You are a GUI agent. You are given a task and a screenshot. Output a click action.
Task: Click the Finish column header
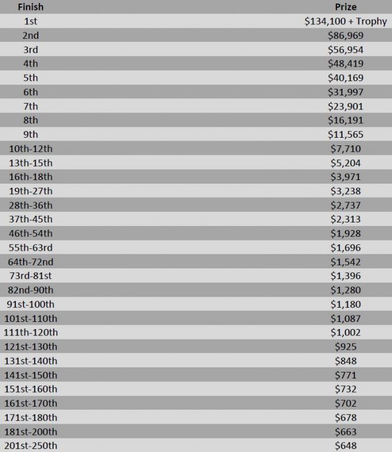(x=30, y=7)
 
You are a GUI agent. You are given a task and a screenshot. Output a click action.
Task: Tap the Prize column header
(x=345, y=7)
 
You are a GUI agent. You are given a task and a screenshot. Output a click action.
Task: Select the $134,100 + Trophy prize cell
(x=345, y=21)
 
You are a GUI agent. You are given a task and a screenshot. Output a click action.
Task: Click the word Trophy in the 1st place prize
(x=371, y=21)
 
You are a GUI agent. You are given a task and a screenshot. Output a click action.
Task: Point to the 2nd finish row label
(x=31, y=35)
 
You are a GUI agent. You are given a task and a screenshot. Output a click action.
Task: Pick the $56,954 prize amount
(x=345, y=49)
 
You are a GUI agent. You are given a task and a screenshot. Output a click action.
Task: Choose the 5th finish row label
(x=31, y=78)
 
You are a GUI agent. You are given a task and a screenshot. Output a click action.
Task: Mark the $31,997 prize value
(x=345, y=92)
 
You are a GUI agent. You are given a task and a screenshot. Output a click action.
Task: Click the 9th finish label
(x=31, y=134)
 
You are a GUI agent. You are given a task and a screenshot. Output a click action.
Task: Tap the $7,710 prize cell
(x=345, y=148)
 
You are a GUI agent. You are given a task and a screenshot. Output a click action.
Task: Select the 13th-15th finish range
(x=31, y=162)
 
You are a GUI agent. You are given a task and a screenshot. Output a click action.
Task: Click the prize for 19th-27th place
(x=345, y=191)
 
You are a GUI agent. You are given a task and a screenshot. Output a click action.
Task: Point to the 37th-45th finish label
(x=31, y=219)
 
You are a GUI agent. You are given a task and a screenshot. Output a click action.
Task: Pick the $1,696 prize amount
(x=345, y=247)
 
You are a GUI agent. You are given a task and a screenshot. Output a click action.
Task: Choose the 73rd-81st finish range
(x=31, y=276)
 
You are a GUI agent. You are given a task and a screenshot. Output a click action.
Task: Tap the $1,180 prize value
(x=345, y=304)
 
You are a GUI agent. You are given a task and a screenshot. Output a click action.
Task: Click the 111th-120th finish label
(x=31, y=333)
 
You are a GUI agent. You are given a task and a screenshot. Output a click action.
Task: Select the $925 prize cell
(x=345, y=347)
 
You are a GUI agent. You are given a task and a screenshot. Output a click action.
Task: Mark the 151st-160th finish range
(x=31, y=389)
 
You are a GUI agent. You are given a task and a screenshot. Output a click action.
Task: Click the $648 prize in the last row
(x=345, y=446)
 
